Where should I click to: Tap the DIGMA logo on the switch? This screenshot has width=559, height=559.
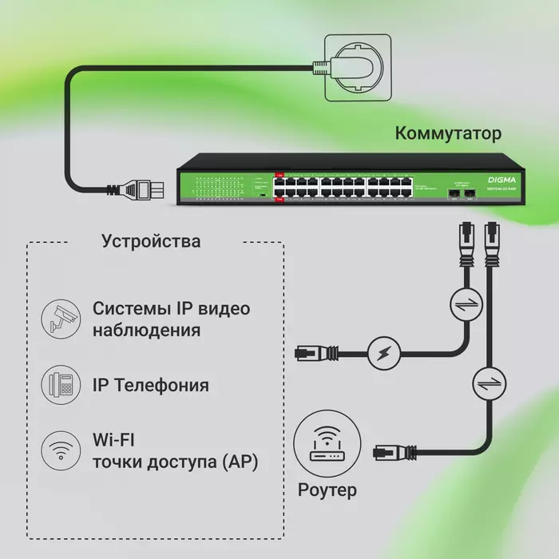502,179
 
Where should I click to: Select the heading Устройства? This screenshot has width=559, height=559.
152,240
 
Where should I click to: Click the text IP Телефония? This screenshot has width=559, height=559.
151,385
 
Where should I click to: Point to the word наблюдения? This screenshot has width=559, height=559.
146,330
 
